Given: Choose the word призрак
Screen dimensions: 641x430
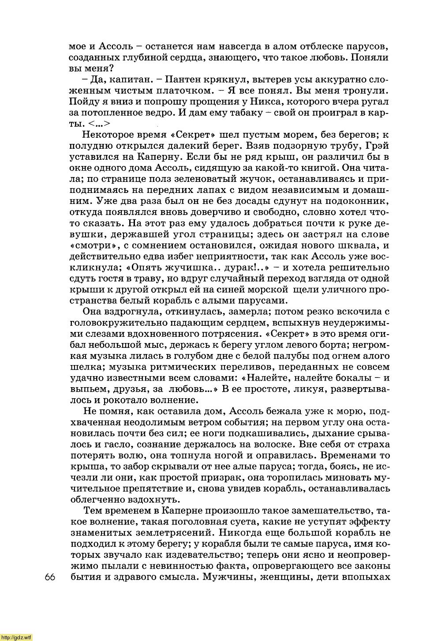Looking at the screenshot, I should click(222, 478).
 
